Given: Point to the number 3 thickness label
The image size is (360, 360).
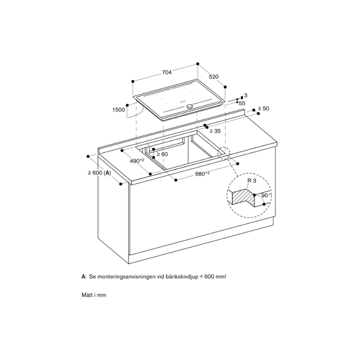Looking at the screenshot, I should (246, 96).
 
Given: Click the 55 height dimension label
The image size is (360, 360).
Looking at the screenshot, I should (242, 103).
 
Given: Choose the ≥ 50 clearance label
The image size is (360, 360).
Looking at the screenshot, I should (263, 108).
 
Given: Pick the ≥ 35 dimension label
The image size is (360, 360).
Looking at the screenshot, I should (215, 131).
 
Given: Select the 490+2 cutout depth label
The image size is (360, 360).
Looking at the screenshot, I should (137, 161).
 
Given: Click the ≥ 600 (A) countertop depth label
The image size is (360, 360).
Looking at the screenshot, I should (99, 173).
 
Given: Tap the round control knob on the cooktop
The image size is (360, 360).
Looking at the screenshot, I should (190, 106).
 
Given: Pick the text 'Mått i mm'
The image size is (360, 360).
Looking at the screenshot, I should (93, 296).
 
